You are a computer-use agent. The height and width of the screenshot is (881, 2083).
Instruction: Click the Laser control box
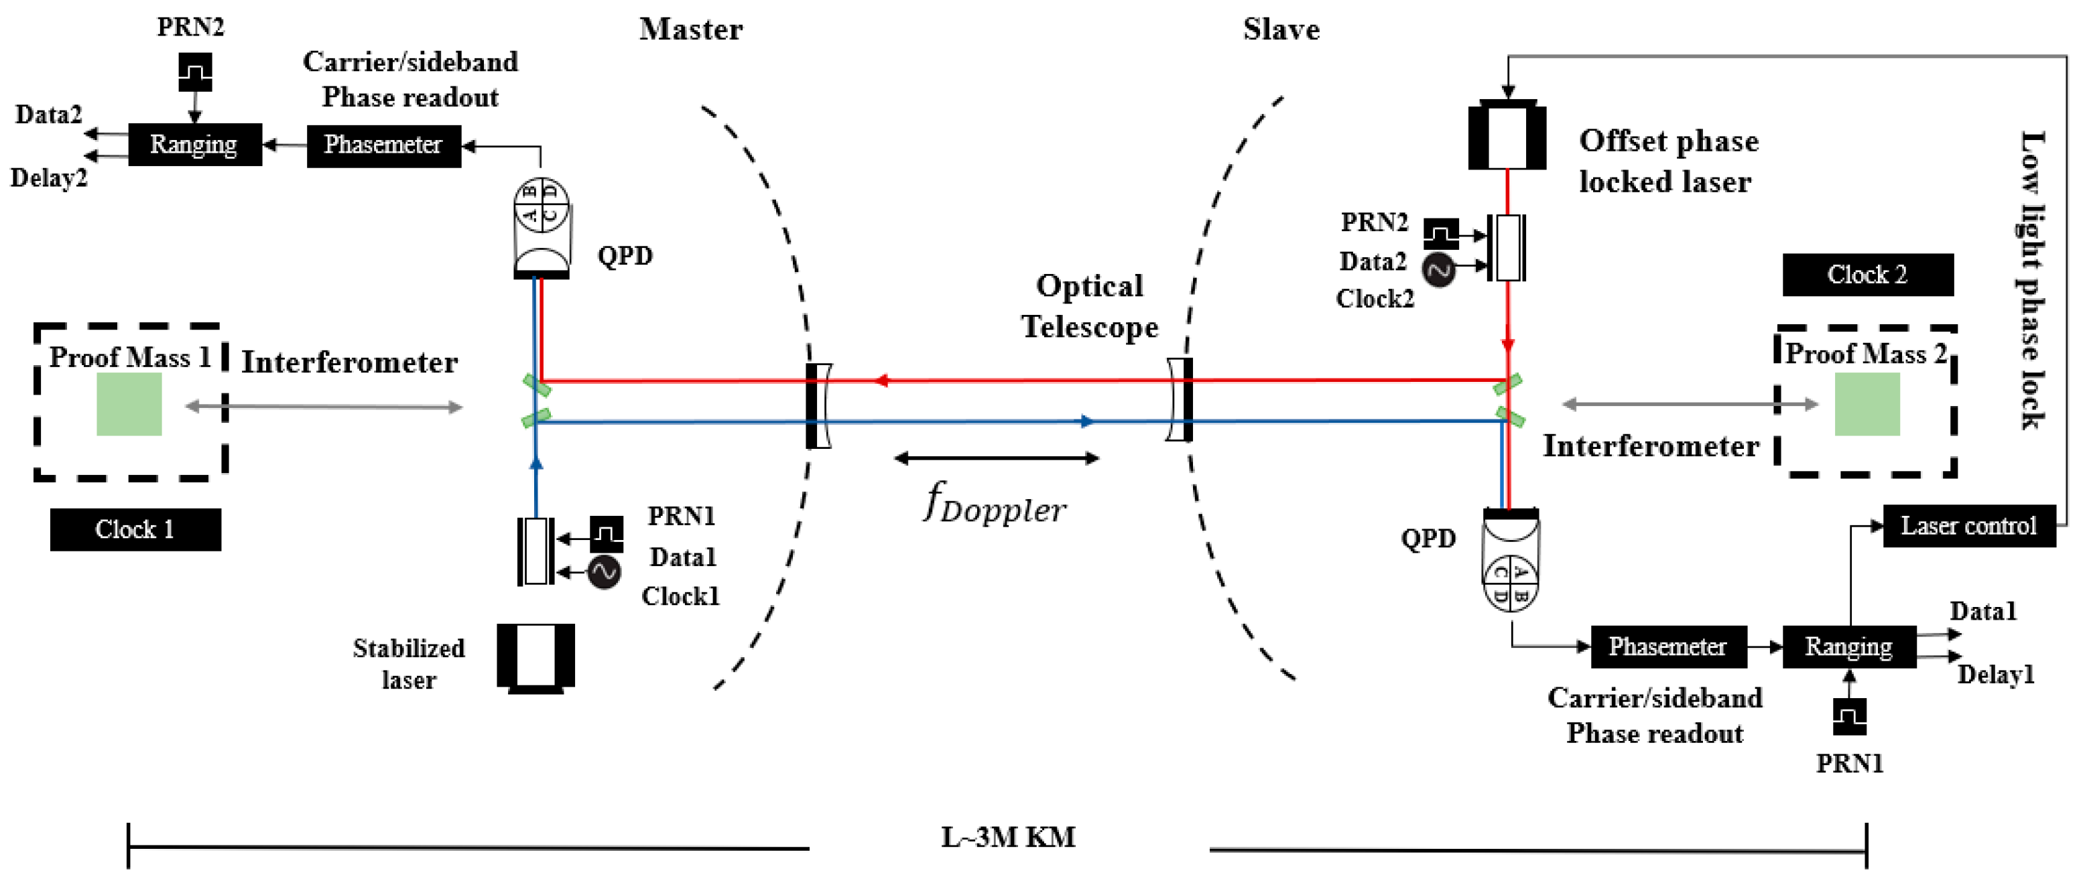pos(1968,526)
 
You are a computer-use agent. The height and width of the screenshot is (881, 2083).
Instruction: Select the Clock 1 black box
pos(135,529)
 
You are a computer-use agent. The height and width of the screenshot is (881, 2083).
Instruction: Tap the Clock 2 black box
pos(1867,275)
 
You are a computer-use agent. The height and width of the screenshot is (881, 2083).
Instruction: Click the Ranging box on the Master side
pos(194,145)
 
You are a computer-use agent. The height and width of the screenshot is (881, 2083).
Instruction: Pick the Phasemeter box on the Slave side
pos(1667,647)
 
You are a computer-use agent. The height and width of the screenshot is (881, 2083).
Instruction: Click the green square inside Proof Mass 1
pos(129,405)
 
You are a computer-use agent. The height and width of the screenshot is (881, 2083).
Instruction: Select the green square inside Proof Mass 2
pos(1867,405)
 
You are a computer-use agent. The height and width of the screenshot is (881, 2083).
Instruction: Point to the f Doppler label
pos(995,505)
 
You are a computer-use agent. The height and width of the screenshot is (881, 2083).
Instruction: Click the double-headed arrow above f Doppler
pos(996,458)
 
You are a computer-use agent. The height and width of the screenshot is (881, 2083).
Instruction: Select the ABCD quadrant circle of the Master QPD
pos(541,204)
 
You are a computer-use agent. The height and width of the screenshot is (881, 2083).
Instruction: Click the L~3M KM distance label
pos(1009,837)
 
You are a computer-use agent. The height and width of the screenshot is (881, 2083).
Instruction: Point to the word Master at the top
pos(690,30)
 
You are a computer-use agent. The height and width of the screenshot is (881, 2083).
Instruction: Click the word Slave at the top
pos(1281,30)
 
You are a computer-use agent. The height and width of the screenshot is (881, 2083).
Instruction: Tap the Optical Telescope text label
pos(1089,306)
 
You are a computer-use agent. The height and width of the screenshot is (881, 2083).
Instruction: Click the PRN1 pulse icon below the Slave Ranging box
pos(1848,716)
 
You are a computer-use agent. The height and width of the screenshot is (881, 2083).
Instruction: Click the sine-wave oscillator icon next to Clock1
pos(603,572)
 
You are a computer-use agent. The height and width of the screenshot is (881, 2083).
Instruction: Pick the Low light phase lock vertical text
pos(2031,279)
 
